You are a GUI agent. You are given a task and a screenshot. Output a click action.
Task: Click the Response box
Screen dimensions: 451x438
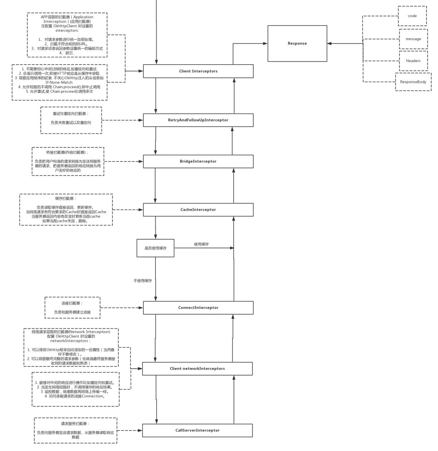297,43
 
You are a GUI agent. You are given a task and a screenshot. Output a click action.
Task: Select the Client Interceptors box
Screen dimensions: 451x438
198,71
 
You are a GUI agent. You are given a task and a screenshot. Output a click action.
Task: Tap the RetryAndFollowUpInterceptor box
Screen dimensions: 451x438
198,120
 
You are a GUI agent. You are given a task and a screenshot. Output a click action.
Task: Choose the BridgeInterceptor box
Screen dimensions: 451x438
198,161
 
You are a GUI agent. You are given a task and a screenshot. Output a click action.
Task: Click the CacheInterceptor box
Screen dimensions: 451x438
198,210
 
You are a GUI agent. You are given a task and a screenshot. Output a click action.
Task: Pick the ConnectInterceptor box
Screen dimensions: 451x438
198,308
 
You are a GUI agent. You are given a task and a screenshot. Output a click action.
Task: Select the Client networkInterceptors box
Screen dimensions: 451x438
197,369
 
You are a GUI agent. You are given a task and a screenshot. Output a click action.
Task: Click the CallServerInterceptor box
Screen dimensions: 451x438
197,430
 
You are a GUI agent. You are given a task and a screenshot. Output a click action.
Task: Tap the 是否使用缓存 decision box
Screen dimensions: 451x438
155,248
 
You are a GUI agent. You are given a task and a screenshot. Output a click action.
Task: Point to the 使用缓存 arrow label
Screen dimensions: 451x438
201,244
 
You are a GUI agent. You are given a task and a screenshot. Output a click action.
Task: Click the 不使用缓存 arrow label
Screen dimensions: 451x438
143,281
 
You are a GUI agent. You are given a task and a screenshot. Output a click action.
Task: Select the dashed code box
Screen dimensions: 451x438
412,16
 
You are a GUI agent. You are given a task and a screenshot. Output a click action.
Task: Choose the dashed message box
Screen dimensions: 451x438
413,39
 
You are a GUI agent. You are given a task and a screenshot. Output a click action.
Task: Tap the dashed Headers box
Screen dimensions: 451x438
413,61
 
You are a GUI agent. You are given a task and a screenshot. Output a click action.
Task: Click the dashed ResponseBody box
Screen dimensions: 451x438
413,82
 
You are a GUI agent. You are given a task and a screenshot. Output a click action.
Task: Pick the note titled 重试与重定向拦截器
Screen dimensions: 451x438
71,120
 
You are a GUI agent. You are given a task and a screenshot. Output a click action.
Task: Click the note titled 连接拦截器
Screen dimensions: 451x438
72,307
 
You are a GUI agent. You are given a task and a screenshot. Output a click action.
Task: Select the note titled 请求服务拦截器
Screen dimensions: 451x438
76,430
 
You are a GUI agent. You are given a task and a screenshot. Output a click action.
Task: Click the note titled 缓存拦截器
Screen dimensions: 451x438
66,210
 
